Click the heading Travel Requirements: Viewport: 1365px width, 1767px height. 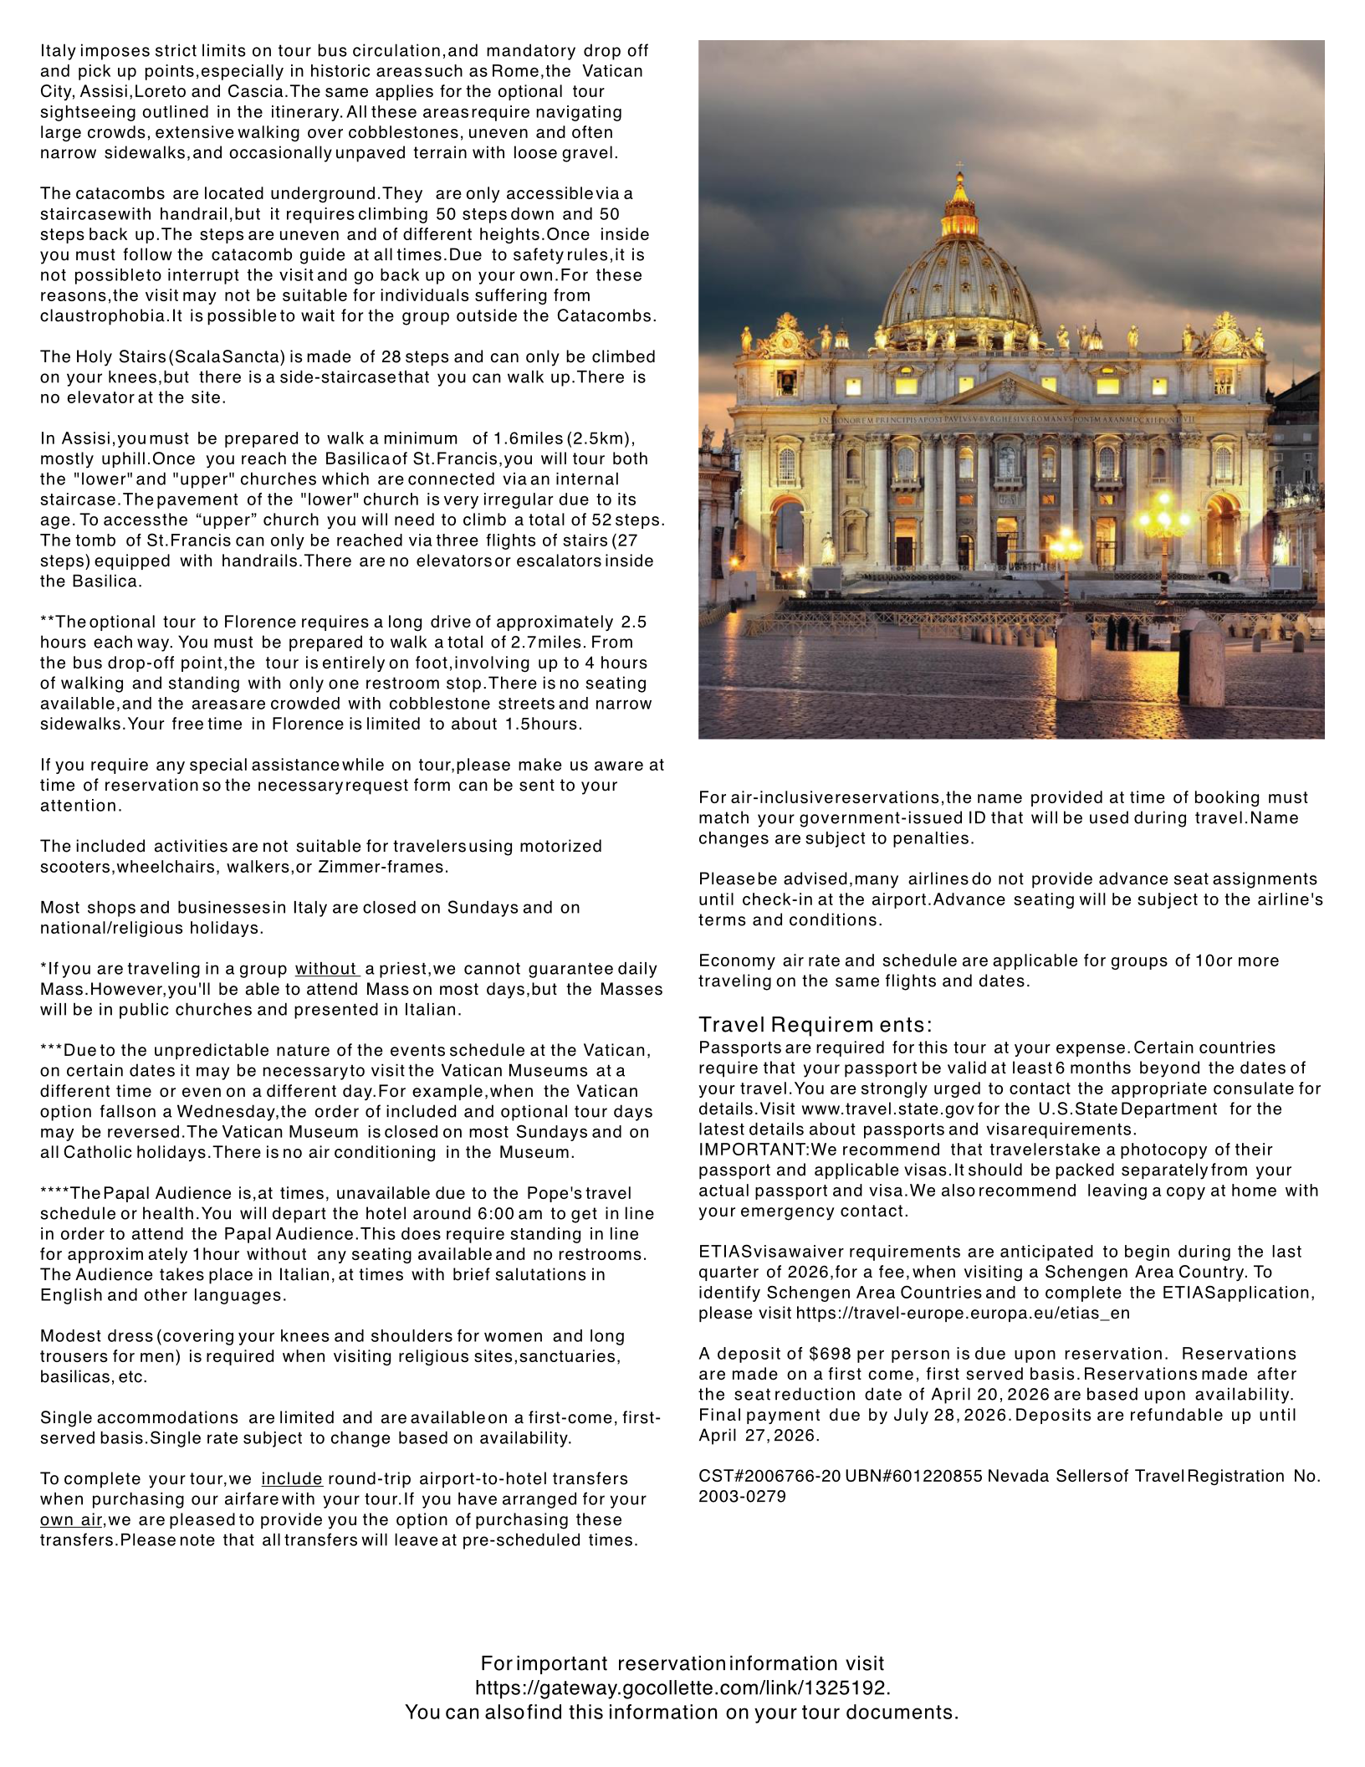(x=815, y=1025)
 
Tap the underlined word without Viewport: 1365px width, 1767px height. (x=326, y=969)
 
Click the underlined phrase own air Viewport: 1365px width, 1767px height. (x=71, y=1519)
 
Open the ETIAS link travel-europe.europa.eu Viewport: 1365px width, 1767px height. (x=963, y=1313)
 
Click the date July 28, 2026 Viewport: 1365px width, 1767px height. (x=952, y=1415)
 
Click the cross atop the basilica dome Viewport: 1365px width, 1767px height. (x=959, y=165)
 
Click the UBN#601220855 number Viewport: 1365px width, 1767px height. (x=913, y=1476)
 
